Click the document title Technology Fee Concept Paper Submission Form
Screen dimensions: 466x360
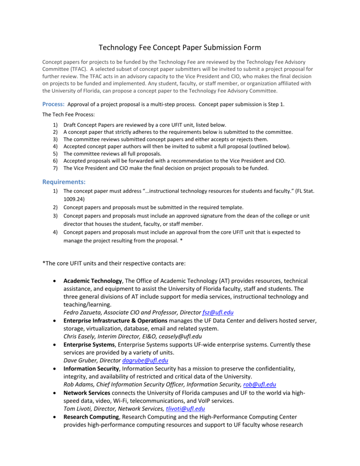[180, 47]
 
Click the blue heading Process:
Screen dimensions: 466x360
[53, 104]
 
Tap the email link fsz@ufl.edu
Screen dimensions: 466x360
[218, 313]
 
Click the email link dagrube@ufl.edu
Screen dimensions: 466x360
[146, 360]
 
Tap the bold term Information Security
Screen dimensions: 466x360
[91, 369]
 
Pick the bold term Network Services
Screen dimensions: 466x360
[86, 393]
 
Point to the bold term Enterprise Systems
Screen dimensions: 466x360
[89, 345]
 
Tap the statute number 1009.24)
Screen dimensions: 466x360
[74, 199]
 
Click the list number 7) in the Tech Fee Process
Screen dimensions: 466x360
[55, 168]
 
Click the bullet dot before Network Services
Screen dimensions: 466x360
[55, 393]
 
